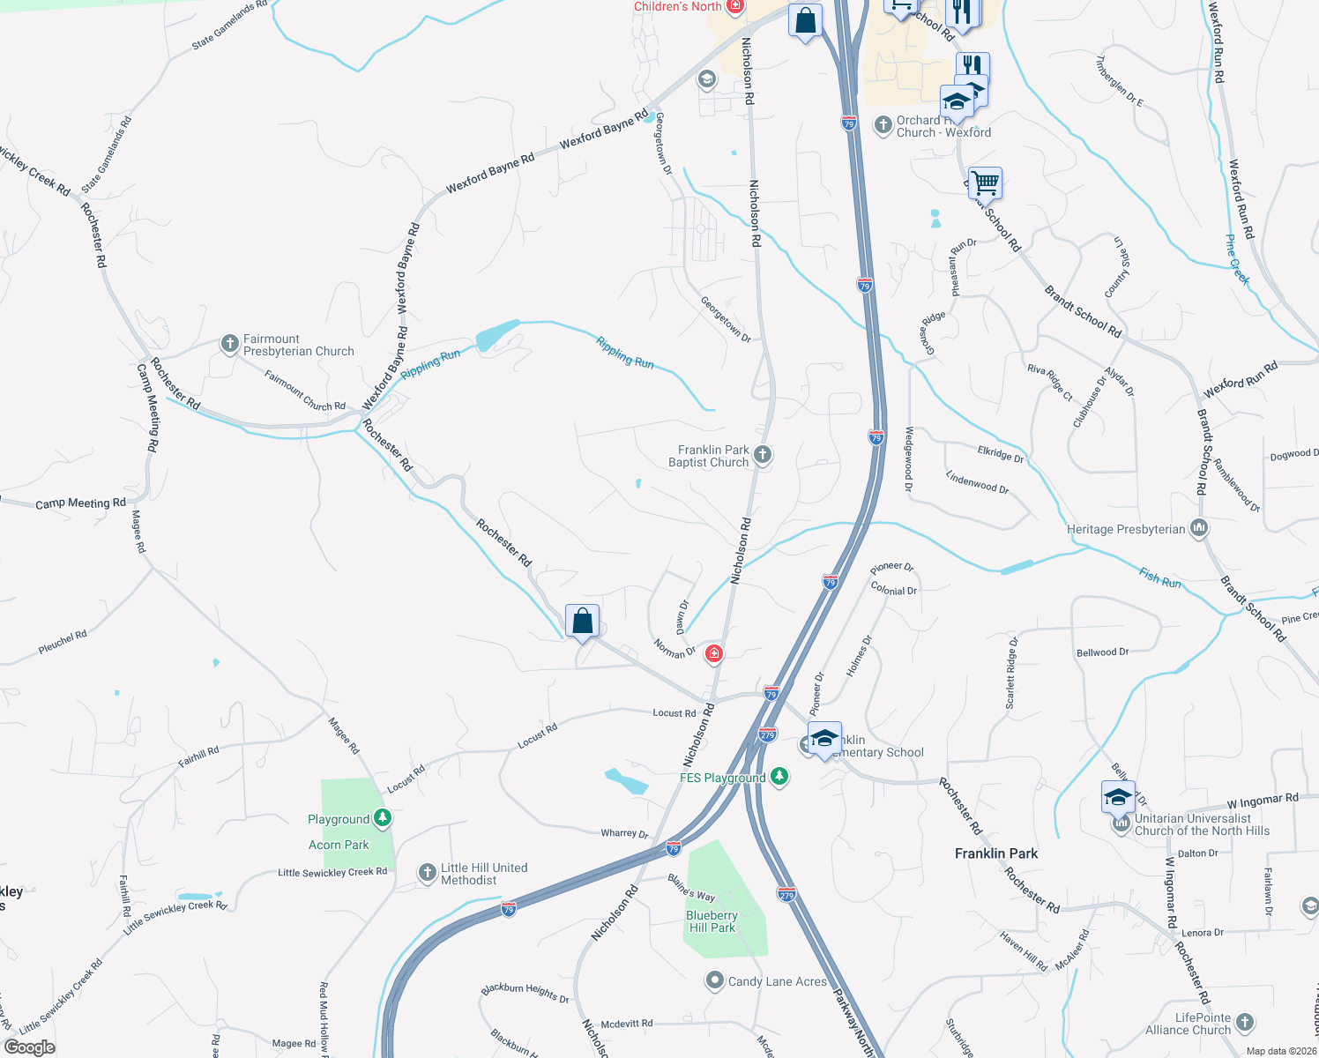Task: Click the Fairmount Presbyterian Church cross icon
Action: (x=229, y=344)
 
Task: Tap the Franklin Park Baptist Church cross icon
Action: (x=763, y=455)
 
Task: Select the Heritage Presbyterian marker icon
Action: (x=1198, y=529)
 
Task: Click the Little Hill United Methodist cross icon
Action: (x=428, y=873)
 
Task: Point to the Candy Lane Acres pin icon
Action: (x=715, y=980)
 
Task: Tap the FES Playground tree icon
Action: (x=779, y=777)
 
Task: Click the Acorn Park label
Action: (x=339, y=845)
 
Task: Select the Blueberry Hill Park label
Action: (x=712, y=921)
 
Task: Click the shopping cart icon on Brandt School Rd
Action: (x=985, y=183)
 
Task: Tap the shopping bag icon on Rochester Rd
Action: (x=582, y=621)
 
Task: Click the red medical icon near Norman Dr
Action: (x=714, y=654)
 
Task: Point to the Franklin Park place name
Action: (x=996, y=853)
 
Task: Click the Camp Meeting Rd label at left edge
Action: (x=80, y=503)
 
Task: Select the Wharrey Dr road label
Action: (x=624, y=833)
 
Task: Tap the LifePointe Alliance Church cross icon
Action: (x=1244, y=1022)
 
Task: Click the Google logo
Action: (x=30, y=1047)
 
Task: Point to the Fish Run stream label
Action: (x=1159, y=578)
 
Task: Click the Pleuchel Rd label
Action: (x=63, y=642)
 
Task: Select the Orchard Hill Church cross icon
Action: (x=883, y=125)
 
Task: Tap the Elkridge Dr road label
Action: (x=1001, y=453)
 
